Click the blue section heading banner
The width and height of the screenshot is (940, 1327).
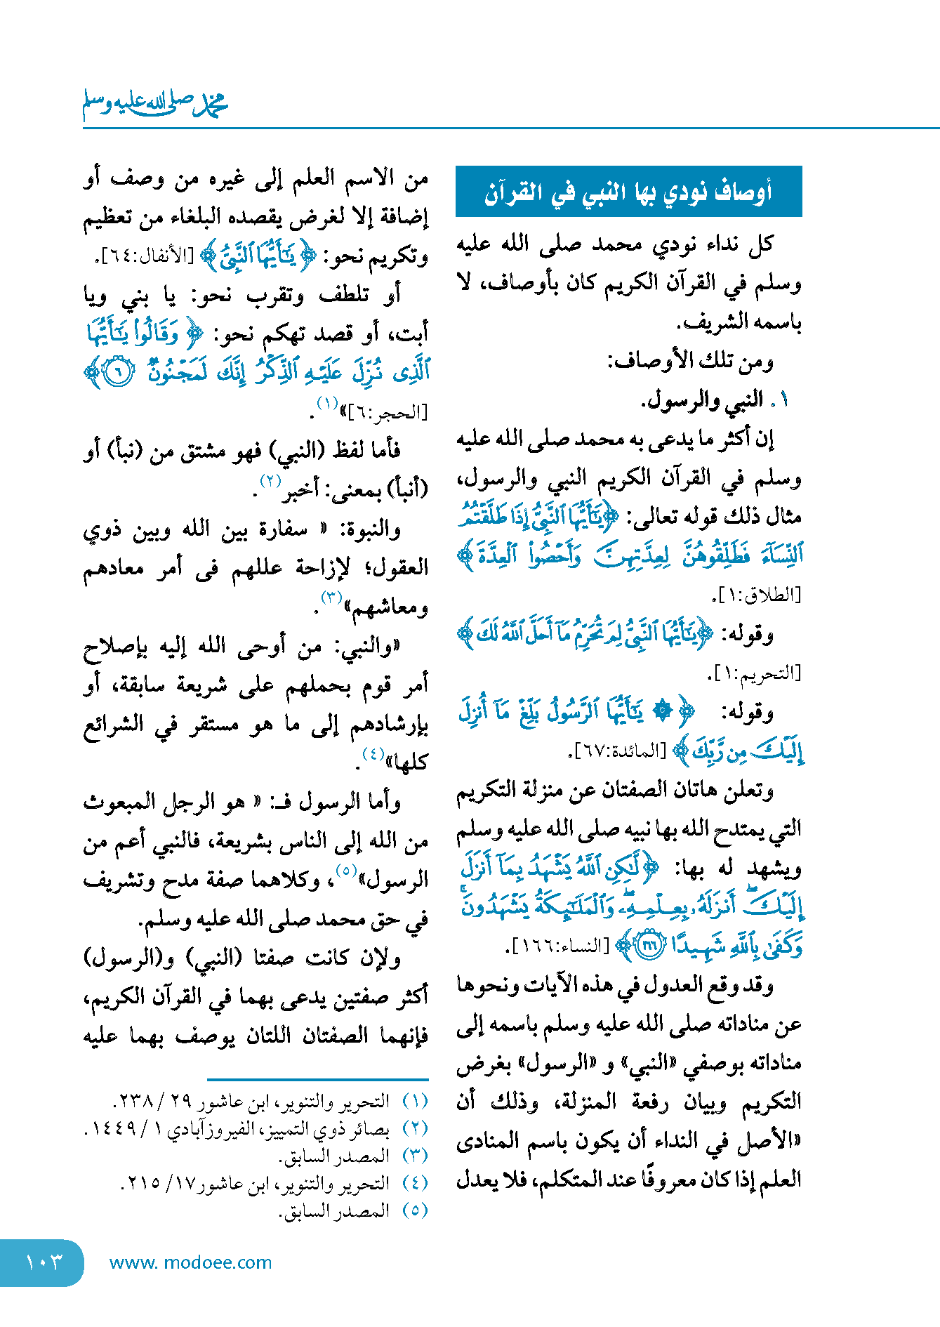[628, 191]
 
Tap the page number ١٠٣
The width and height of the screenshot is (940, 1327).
[44, 1262]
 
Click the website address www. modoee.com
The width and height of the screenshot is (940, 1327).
[190, 1262]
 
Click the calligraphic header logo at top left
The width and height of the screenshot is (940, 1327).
[155, 103]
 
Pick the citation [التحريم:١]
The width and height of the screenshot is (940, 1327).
[754, 673]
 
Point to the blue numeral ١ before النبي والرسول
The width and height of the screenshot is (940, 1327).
[783, 400]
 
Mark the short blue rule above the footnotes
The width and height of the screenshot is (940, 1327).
[317, 1079]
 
